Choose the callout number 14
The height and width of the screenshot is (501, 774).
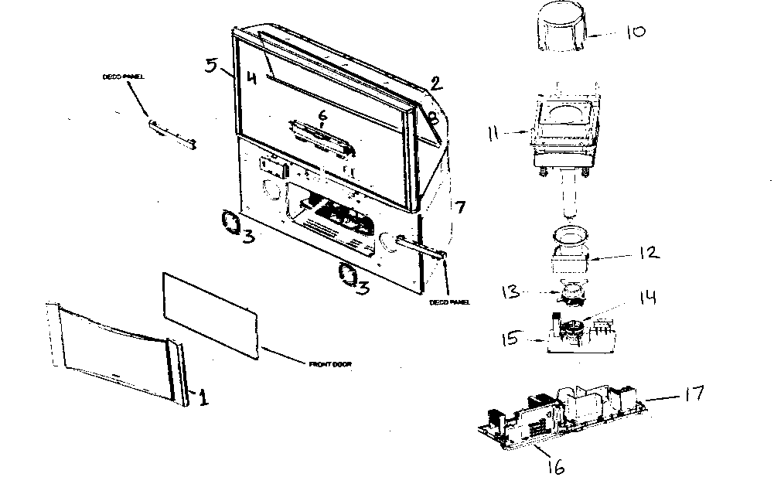pos(646,298)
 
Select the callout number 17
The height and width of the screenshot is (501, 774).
pos(693,394)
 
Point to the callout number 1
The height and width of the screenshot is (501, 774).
pos(203,398)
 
